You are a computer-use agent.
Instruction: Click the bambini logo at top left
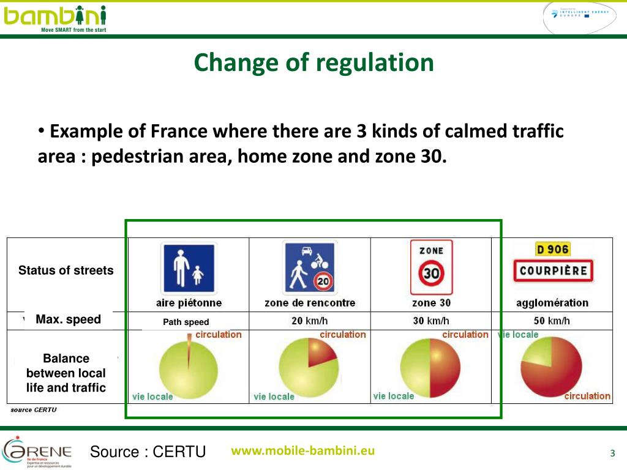(55, 18)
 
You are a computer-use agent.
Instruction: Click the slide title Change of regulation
(313, 62)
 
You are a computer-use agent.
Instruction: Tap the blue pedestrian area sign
(189, 268)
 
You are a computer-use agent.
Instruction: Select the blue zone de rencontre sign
(309, 267)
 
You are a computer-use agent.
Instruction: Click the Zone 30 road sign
(431, 267)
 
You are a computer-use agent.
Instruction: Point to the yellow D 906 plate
(552, 249)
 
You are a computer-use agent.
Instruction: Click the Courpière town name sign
(553, 270)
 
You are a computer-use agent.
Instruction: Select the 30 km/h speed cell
(431, 321)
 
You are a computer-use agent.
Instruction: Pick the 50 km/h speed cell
(552, 321)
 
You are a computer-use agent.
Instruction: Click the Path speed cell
(186, 322)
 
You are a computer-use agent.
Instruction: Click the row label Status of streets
(66, 270)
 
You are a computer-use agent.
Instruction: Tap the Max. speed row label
(68, 319)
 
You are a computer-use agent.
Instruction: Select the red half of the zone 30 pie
(444, 367)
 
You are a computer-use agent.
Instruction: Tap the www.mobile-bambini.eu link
(302, 452)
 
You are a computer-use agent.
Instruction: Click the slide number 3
(612, 453)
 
